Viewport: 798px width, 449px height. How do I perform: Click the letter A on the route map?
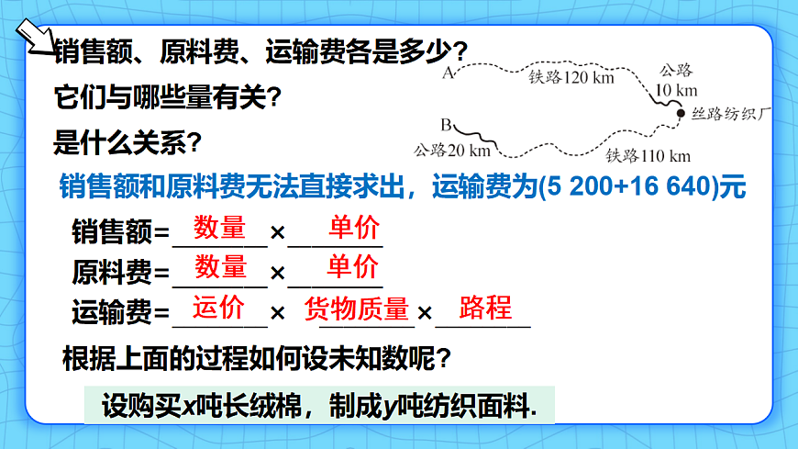click(449, 73)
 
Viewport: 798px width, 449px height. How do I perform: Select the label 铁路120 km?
click(571, 77)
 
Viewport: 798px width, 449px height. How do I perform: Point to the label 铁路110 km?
click(648, 155)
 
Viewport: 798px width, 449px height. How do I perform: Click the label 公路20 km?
click(452, 149)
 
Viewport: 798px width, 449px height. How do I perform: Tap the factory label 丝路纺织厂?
click(734, 115)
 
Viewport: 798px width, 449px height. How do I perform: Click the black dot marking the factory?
click(681, 113)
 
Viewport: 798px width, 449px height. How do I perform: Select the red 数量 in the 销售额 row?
click(219, 228)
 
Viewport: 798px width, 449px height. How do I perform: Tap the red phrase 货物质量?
click(356, 309)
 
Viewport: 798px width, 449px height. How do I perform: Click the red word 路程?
click(484, 308)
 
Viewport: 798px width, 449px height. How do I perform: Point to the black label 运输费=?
click(120, 314)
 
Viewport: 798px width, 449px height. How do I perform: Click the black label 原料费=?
click(120, 273)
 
